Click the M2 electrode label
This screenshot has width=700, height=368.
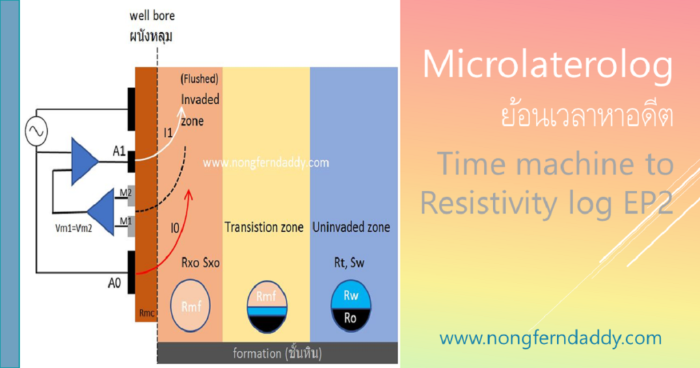(x=124, y=192)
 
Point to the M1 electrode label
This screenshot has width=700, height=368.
(x=124, y=220)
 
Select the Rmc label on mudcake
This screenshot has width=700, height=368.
(x=146, y=314)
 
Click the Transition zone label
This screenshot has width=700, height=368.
(x=264, y=227)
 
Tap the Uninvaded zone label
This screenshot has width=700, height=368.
(x=351, y=226)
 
